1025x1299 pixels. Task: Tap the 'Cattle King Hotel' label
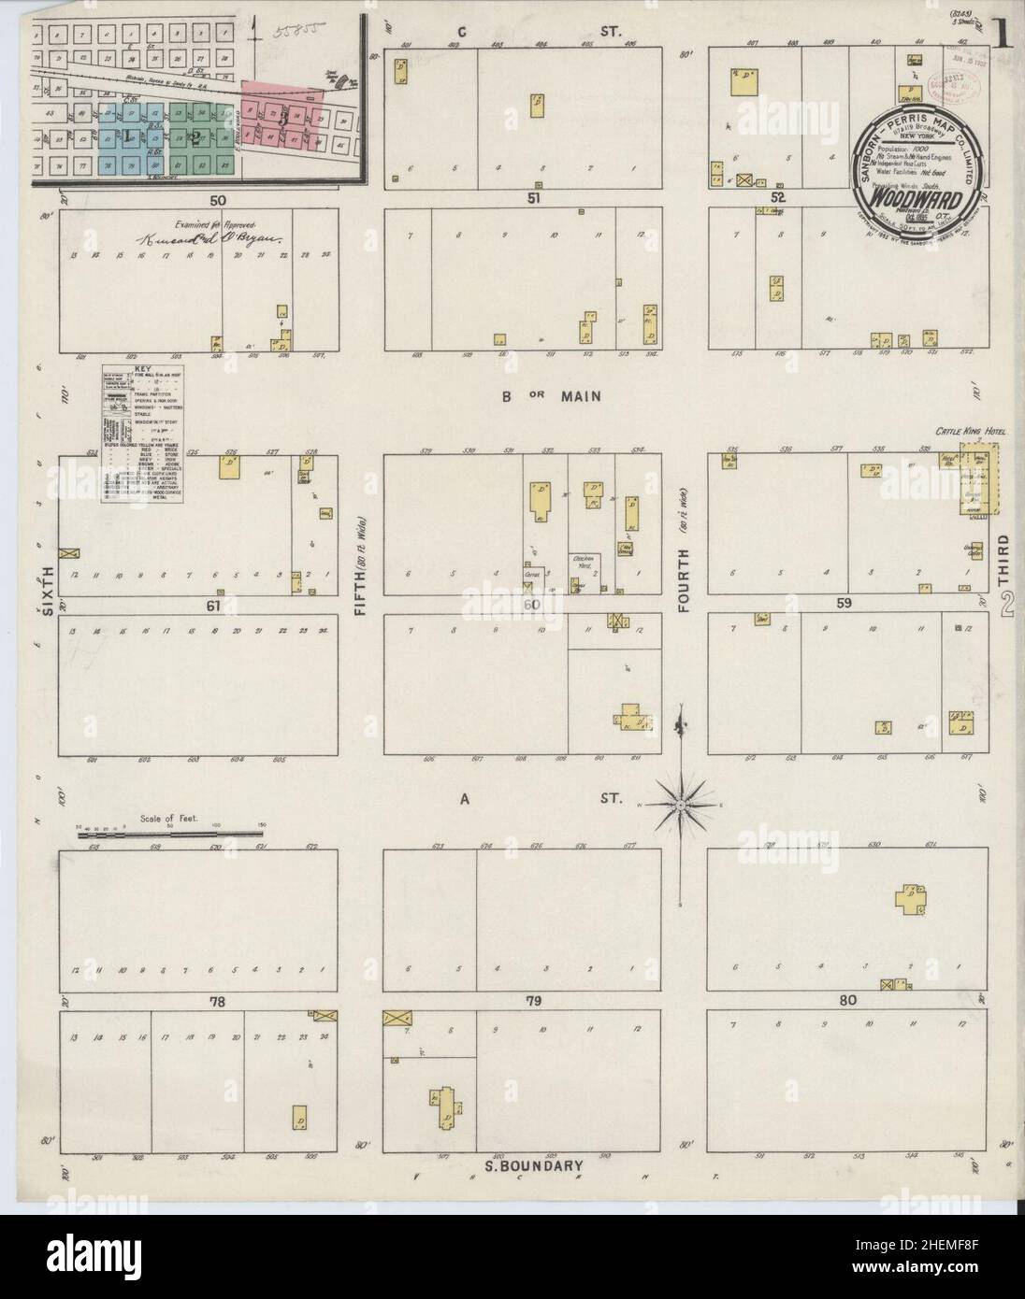click(x=962, y=432)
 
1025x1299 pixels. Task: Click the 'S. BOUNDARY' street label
click(x=533, y=1165)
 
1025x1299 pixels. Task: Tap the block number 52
click(x=777, y=198)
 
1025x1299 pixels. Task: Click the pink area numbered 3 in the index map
click(x=282, y=116)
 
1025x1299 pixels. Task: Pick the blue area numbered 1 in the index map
click(x=124, y=136)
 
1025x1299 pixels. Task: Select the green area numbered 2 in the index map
click(x=195, y=138)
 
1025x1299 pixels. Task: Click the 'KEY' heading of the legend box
click(x=142, y=370)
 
